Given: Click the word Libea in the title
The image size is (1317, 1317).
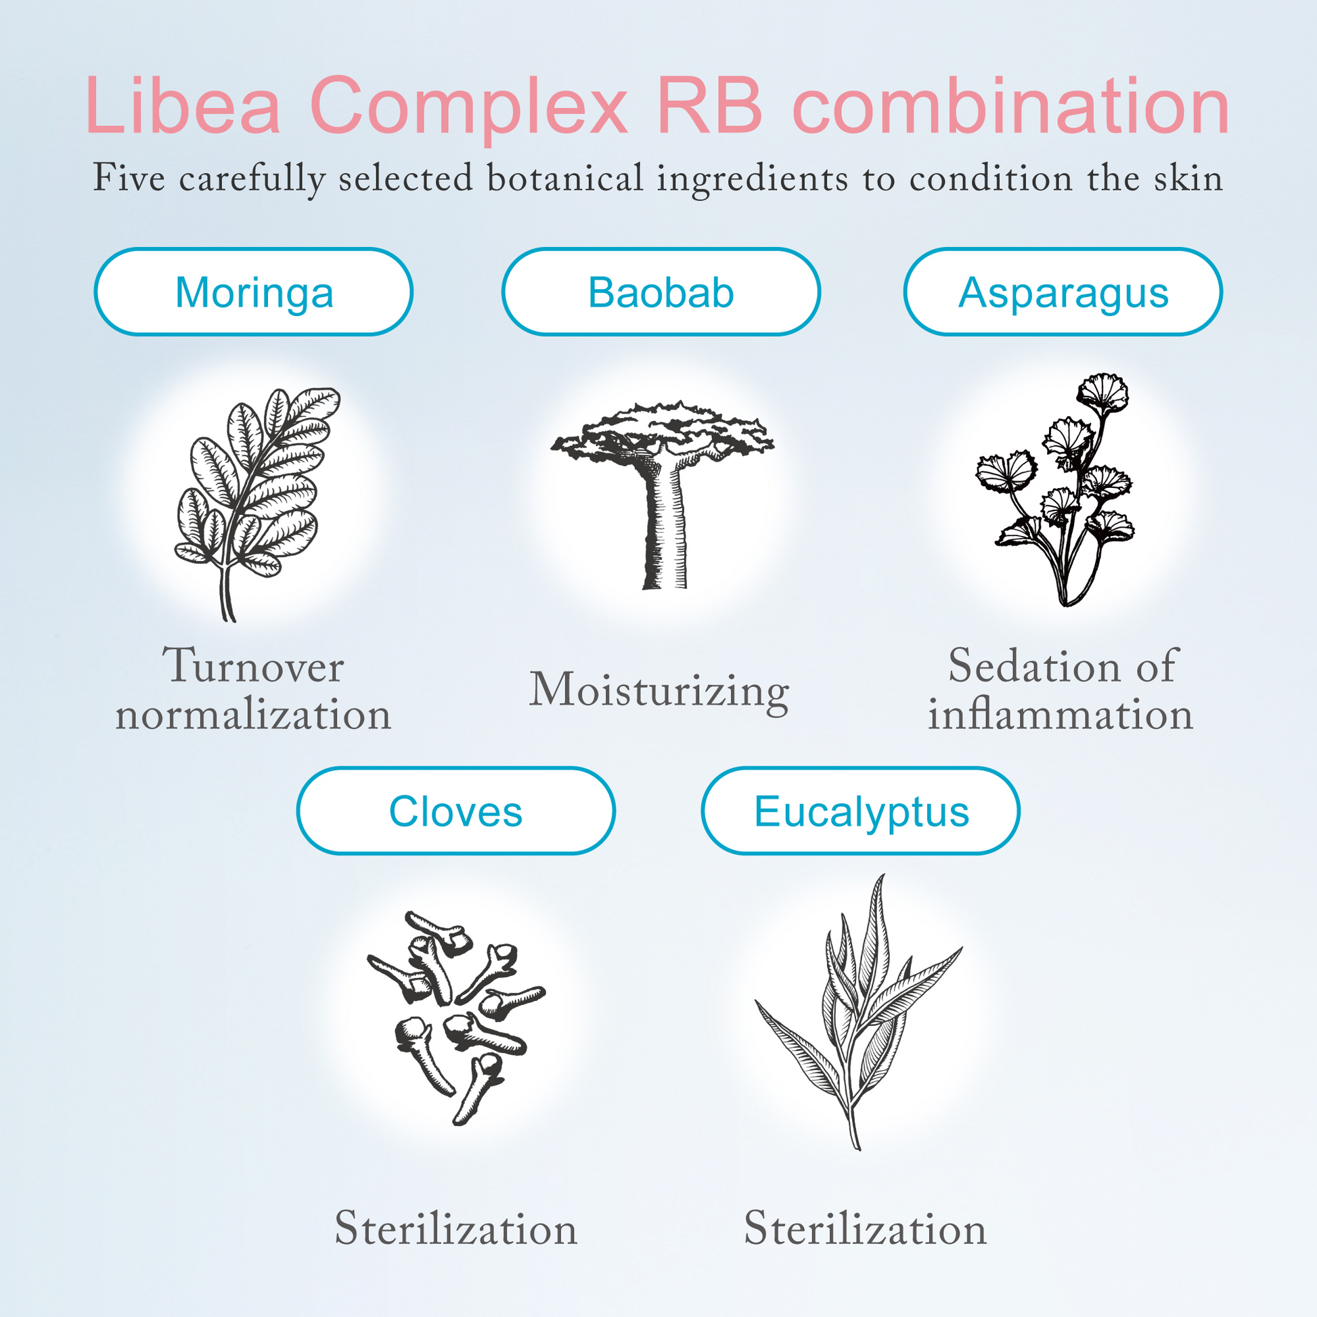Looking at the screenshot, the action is [183, 106].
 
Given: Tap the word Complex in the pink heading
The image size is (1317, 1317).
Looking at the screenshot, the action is [468, 109].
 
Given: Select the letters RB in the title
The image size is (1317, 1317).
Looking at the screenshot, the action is [710, 105].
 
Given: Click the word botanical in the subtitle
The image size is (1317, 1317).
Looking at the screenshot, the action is [565, 178].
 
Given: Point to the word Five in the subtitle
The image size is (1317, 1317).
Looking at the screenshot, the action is [129, 178].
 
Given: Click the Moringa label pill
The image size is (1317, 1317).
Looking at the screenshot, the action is [254, 292].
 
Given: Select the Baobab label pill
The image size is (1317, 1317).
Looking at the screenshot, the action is [661, 292].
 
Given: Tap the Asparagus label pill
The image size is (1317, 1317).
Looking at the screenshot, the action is [1063, 292].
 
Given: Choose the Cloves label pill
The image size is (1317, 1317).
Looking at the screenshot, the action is [455, 811].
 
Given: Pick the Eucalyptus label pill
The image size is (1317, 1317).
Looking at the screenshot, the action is [861, 811].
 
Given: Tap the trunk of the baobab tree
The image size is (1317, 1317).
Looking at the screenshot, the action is [664, 525].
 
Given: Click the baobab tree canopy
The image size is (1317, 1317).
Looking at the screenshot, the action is [663, 433].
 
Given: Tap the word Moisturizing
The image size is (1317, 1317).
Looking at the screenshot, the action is [659, 691].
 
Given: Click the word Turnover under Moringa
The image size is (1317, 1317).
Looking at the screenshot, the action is [253, 666].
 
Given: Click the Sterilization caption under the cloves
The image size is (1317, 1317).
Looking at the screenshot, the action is [456, 1228].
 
